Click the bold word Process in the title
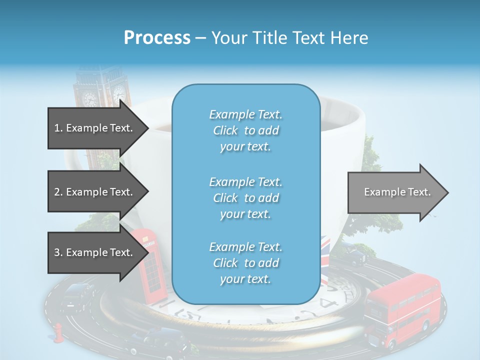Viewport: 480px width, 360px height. (x=157, y=38)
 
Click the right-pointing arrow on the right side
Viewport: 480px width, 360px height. (x=397, y=192)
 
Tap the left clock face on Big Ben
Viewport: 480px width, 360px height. (x=90, y=98)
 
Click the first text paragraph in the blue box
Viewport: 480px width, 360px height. (x=245, y=130)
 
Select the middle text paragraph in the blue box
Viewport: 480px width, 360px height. (x=245, y=198)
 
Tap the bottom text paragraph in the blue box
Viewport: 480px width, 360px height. (x=245, y=263)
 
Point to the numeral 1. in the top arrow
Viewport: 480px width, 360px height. (x=58, y=128)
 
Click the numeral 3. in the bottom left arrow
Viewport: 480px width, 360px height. (x=58, y=253)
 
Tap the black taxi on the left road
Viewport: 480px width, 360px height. (x=77, y=295)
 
